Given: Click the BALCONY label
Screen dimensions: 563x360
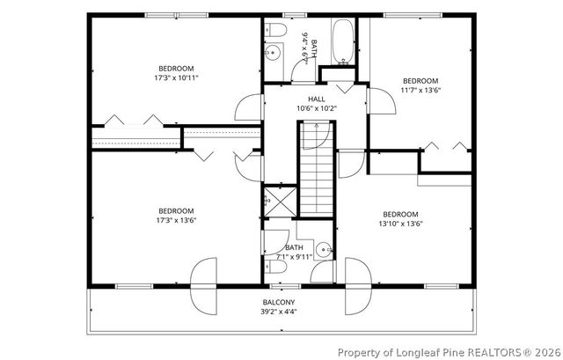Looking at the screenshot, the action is coord(279,302).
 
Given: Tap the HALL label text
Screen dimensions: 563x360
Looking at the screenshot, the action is coord(317,99).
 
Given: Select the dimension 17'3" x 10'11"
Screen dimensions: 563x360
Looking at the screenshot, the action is coord(176,77).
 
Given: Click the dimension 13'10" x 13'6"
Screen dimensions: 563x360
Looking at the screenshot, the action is coord(401,224).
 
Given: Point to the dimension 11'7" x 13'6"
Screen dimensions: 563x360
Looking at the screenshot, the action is coord(420,90).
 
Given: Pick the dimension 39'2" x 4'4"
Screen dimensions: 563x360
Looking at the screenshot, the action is coord(279,311).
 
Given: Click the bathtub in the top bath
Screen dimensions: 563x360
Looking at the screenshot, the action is coord(343,41).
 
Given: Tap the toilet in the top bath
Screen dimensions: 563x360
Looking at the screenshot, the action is coord(275,29).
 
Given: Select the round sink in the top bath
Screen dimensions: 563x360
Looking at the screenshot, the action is coord(273,53).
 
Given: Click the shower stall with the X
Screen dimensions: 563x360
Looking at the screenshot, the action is coord(281,202).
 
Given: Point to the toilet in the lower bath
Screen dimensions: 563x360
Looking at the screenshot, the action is coord(275,266).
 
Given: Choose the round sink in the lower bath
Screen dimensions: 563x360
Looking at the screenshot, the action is coord(324,249).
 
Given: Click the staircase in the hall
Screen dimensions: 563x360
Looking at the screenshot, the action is coord(317,169).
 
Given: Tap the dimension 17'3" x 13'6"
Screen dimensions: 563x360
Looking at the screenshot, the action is coord(176,220).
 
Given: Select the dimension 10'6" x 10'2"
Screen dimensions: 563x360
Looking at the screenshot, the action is coord(317,108).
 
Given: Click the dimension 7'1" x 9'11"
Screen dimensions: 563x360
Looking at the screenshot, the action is coord(294,256).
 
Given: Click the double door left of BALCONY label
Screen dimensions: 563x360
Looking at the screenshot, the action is coord(203,286).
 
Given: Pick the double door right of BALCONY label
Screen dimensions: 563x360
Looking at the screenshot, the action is coord(358,286).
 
